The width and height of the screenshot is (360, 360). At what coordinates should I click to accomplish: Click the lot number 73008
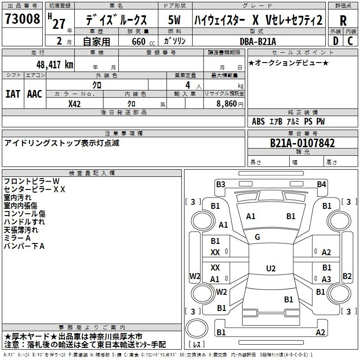click(22, 18)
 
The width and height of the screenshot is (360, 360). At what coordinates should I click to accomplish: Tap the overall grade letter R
click(343, 21)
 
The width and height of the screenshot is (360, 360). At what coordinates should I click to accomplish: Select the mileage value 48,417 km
click(54, 65)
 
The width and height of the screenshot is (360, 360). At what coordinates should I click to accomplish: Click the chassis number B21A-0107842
click(302, 143)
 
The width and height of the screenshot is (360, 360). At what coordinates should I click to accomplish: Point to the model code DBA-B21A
click(257, 41)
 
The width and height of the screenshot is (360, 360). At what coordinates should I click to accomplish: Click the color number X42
click(74, 104)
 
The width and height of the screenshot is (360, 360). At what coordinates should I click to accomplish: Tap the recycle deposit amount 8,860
click(226, 104)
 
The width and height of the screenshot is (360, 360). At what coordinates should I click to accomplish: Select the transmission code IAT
click(13, 94)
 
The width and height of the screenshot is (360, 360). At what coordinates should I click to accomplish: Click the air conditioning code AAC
click(35, 94)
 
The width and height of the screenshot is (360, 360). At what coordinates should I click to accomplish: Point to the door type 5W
click(174, 20)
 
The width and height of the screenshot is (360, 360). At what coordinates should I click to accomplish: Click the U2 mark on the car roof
click(271, 268)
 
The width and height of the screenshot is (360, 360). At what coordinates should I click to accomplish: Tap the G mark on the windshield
click(257, 237)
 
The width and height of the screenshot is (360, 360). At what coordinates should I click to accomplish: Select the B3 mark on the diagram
click(220, 184)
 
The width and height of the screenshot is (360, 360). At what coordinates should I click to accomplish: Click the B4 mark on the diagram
click(321, 184)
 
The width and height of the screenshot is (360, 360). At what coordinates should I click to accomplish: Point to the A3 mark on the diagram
click(326, 279)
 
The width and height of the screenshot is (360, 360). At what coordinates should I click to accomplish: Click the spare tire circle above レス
click(197, 328)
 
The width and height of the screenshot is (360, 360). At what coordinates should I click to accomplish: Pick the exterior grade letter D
click(335, 41)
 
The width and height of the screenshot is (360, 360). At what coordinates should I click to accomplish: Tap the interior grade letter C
click(350, 41)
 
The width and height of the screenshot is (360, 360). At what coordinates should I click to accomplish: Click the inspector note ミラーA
click(17, 238)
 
